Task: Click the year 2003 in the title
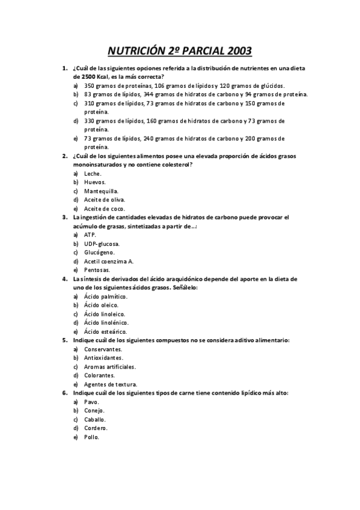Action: (237, 51)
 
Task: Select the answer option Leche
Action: (93, 173)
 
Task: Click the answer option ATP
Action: (90, 235)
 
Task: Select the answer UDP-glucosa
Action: (102, 244)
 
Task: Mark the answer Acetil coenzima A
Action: (109, 262)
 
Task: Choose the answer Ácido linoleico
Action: (105, 314)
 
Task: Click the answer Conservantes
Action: (103, 349)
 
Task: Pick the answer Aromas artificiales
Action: (110, 366)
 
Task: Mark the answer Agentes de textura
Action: (111, 384)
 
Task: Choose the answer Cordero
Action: (96, 428)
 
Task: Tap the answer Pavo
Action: (92, 402)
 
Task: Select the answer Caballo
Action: (95, 419)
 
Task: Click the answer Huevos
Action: (95, 182)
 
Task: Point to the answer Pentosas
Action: (97, 270)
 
